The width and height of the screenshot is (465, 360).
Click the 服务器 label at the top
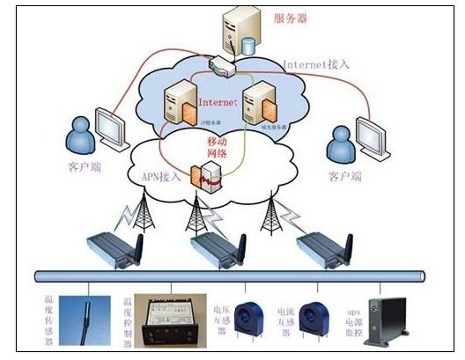292,18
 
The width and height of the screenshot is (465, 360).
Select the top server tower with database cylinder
240,30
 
